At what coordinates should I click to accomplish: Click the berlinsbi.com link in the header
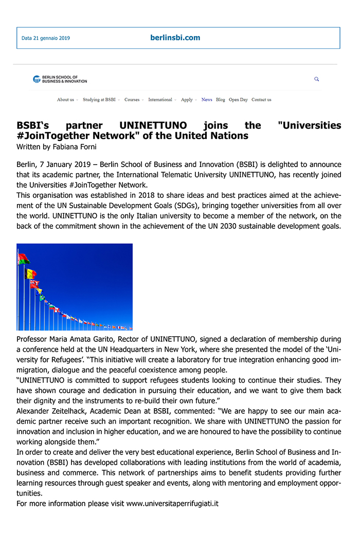[x=175, y=38]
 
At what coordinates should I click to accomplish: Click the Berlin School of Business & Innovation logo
[x=60, y=79]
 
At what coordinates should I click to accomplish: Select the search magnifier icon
[x=317, y=79]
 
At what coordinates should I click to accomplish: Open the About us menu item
[x=65, y=100]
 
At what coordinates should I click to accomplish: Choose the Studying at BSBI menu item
[x=99, y=100]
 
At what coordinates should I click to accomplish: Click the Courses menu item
[x=132, y=100]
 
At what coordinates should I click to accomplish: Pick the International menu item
[x=160, y=100]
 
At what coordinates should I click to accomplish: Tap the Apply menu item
[x=187, y=100]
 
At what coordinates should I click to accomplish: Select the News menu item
[x=207, y=100]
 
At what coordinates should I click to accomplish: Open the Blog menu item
[x=221, y=100]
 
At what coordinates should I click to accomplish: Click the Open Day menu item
[x=238, y=100]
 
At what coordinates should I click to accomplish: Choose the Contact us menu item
[x=261, y=100]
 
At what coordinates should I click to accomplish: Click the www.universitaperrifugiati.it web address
[x=172, y=503]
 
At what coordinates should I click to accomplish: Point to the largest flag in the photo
[x=24, y=259]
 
